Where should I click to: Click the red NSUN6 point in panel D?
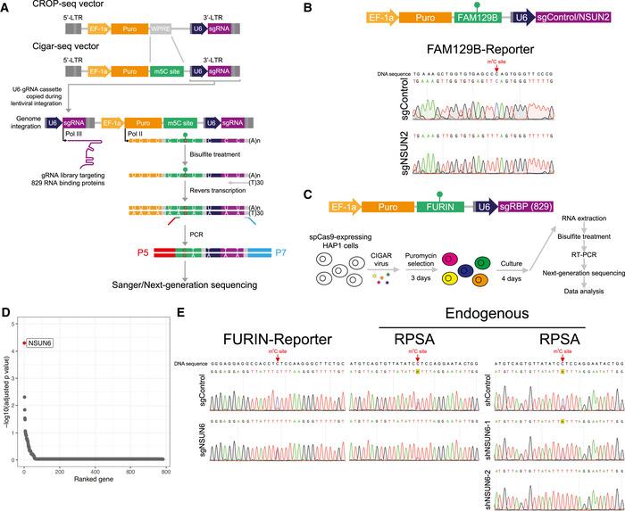pyautogui.click(x=24, y=342)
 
